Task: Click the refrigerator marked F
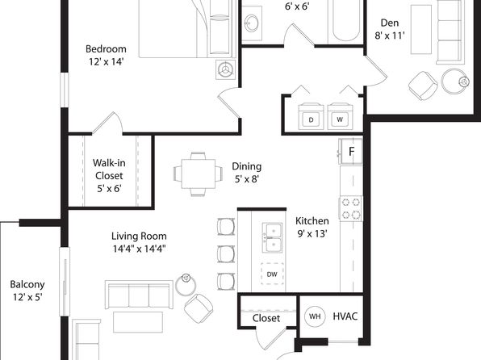tap(350, 151)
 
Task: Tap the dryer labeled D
tap(311, 116)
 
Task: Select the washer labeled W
tap(340, 116)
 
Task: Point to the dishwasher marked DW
tap(272, 274)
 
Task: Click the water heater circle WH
tap(315, 316)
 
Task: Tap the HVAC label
tap(345, 316)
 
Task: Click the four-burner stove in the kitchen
tap(350, 208)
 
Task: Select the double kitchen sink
tap(272, 238)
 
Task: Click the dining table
tap(199, 174)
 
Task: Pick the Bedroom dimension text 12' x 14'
tap(107, 61)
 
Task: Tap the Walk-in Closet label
tap(109, 170)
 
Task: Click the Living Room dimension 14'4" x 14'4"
tap(140, 249)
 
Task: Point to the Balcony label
tap(27, 284)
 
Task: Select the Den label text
tap(390, 23)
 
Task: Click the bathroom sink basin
tap(252, 23)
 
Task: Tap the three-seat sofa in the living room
tap(139, 295)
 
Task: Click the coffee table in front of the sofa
tap(138, 322)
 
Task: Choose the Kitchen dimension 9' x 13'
tap(312, 234)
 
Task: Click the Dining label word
tap(247, 166)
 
